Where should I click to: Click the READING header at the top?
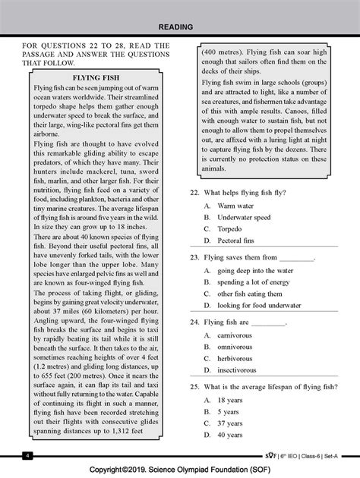180,27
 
